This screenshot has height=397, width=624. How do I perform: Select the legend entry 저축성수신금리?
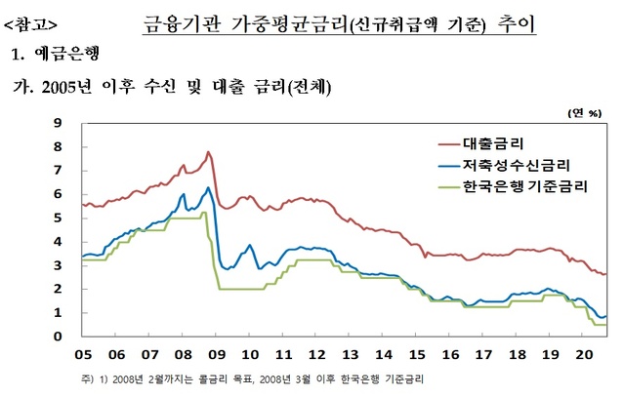(x=518, y=166)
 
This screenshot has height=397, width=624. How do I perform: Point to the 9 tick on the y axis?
(x=60, y=123)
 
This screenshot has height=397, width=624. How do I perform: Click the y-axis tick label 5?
(x=60, y=218)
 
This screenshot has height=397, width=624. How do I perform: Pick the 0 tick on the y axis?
(x=60, y=337)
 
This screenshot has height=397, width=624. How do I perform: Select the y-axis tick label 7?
(x=60, y=171)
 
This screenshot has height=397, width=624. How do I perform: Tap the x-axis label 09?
(x=217, y=355)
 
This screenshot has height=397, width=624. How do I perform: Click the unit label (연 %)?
(x=584, y=113)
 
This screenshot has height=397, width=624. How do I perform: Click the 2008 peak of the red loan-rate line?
(x=207, y=152)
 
